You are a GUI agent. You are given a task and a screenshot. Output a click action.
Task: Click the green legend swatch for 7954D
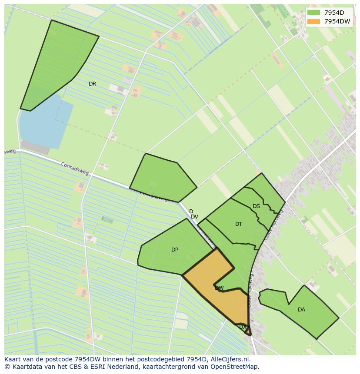tap(313, 13)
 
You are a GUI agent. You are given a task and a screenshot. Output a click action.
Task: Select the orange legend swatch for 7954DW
tap(313, 21)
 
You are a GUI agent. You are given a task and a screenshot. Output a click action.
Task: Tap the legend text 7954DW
tap(337, 21)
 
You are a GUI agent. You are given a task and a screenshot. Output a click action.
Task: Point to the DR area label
tap(92, 84)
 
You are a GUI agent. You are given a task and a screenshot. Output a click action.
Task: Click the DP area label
tap(175, 250)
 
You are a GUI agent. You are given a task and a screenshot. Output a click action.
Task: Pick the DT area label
tap(239, 224)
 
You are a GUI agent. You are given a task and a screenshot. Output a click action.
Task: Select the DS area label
tap(256, 206)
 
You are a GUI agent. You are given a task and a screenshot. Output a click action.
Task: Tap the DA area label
tap(301, 310)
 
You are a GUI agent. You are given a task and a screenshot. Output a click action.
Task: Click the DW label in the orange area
tap(219, 288)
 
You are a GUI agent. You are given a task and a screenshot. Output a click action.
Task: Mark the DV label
tap(194, 217)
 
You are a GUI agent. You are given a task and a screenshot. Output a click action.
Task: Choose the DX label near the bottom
tap(243, 327)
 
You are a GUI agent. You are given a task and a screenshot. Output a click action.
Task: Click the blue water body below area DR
tap(43, 122)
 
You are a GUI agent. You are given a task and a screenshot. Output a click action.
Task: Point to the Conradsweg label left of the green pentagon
tap(75, 169)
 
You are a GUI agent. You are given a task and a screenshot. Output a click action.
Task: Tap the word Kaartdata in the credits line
tap(25, 367)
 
